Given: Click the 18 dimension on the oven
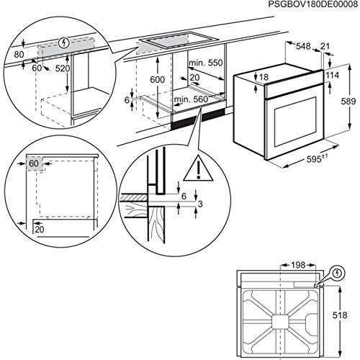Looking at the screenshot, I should (x=264, y=77).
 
